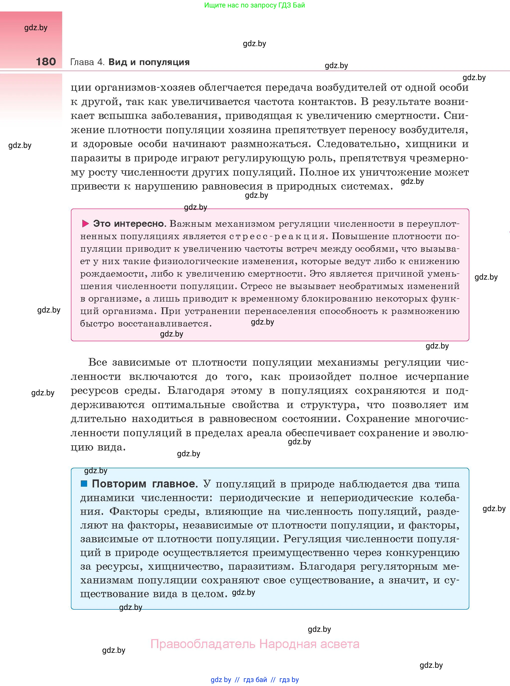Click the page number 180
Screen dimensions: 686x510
[x=46, y=62]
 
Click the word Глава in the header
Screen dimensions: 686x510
[x=82, y=62]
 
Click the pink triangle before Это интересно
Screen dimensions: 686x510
[x=85, y=224]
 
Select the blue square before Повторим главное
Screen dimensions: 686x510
[x=84, y=483]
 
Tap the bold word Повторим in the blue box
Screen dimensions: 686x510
[x=119, y=484]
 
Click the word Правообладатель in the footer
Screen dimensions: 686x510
[x=203, y=644]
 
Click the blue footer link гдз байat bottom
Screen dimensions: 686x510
[x=255, y=680]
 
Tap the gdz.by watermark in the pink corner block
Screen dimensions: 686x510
[x=36, y=28]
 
